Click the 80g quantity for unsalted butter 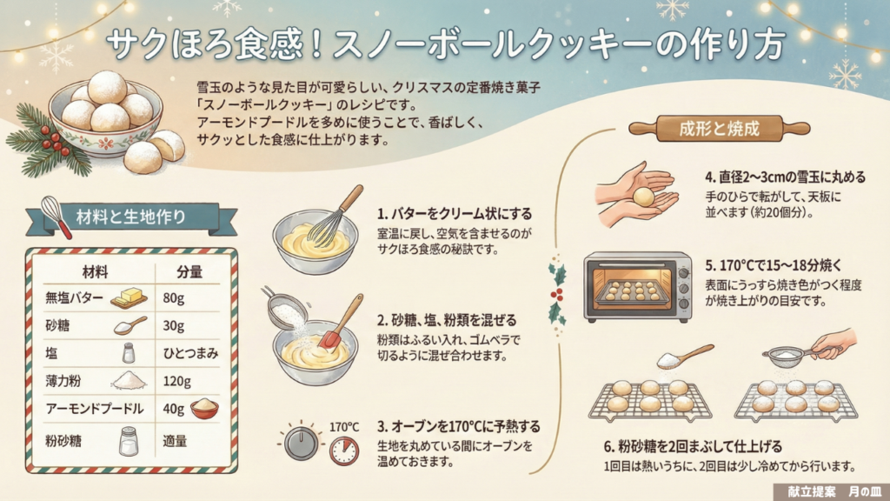click(x=173, y=298)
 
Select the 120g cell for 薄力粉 click(x=176, y=381)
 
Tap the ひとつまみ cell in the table click(x=190, y=353)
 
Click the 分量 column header click(x=189, y=272)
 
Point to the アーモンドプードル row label click(x=95, y=409)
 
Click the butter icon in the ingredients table click(x=129, y=297)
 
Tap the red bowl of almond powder click(x=204, y=408)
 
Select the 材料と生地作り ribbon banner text click(x=131, y=217)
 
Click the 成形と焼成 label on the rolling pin click(x=719, y=129)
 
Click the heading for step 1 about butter click(x=455, y=214)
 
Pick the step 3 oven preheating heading click(x=459, y=426)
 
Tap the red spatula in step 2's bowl click(x=341, y=322)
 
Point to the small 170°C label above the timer click(x=344, y=426)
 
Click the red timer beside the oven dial click(x=344, y=451)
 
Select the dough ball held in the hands click(x=644, y=197)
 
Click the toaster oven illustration click(x=638, y=286)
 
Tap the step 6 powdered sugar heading click(x=693, y=446)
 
